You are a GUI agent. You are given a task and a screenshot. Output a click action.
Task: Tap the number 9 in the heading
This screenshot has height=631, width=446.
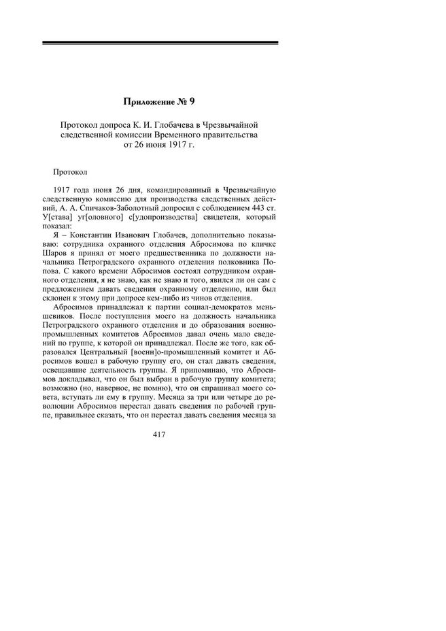192,102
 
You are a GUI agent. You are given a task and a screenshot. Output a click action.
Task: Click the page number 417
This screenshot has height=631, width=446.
160,434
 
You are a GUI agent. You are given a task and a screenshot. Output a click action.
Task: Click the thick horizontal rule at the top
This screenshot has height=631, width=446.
160,43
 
